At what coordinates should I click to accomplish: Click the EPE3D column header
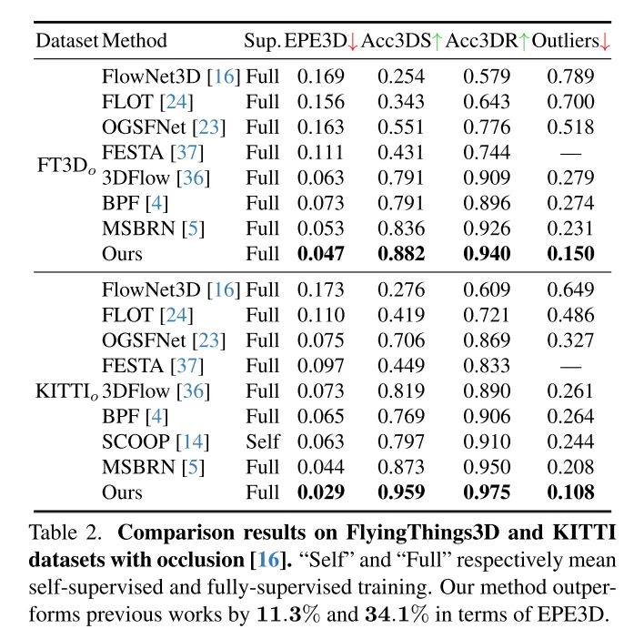pos(315,41)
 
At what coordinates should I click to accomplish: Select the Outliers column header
pos(565,41)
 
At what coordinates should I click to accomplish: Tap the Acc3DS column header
pos(396,41)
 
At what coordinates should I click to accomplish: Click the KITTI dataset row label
pos(65,392)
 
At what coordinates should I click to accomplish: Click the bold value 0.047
pos(321,254)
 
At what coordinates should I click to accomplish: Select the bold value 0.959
pos(401,493)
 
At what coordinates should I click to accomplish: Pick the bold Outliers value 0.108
pos(570,493)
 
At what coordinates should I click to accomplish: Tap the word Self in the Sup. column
pos(262,442)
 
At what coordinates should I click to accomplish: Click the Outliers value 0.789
pos(570,76)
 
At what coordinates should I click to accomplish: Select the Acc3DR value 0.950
pos(487,468)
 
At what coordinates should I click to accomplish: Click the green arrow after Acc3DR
pos(523,41)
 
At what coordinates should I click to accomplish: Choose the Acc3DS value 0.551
pos(401,127)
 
